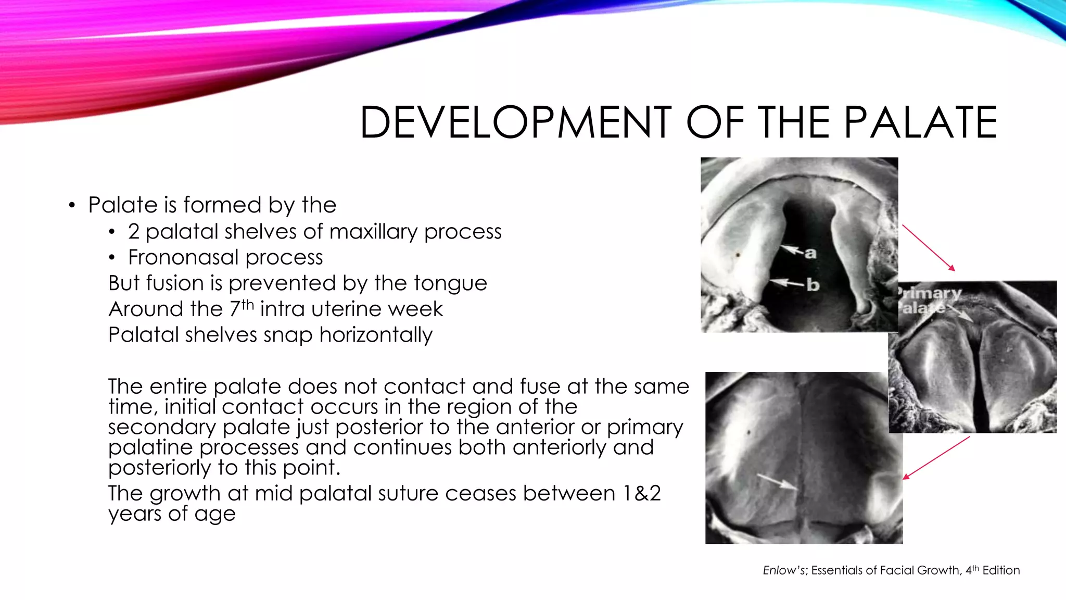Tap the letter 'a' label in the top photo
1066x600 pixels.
(x=810, y=254)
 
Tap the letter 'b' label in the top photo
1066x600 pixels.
(x=813, y=285)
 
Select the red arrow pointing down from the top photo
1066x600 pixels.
(x=929, y=248)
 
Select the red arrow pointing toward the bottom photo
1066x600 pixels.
(x=936, y=458)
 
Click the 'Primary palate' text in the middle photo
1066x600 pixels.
(x=929, y=301)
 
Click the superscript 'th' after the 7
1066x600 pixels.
(x=247, y=304)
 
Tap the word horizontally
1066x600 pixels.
(x=376, y=335)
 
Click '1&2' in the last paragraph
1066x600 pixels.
(x=641, y=493)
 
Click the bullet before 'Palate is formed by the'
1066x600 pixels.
(x=72, y=205)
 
